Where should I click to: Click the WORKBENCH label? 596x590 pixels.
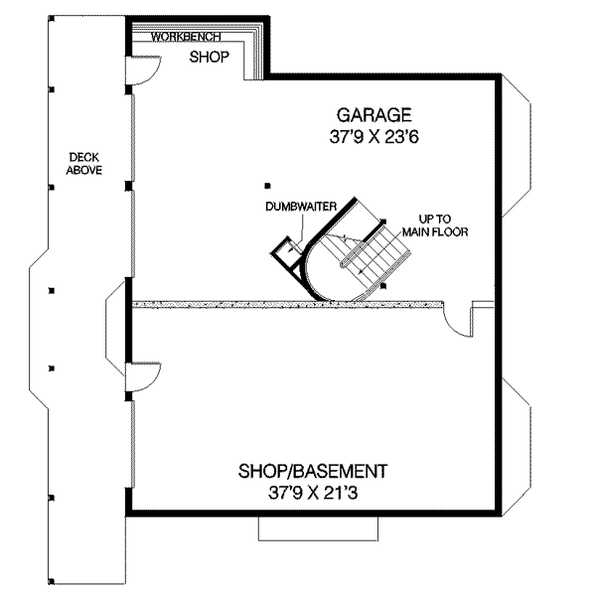pos(181,37)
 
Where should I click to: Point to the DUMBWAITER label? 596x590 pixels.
pos(298,207)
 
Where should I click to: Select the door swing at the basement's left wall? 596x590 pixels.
pos(145,375)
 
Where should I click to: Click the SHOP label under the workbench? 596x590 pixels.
pos(210,57)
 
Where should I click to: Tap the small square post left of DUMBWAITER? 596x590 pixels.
pos(266,185)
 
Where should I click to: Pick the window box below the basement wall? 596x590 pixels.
pos(306,528)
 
